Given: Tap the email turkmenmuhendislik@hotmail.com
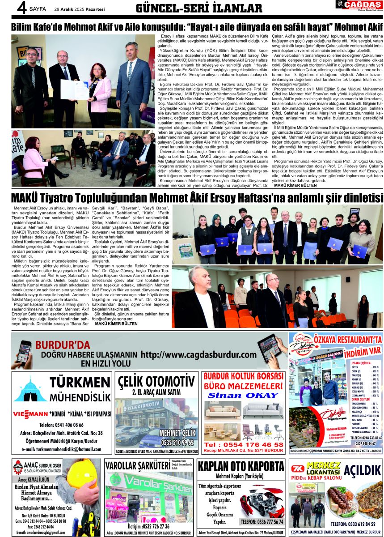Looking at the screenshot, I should pos(62,449).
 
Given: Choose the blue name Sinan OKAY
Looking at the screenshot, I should pos(243,396).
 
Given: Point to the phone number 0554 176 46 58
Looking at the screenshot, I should pos(243,444).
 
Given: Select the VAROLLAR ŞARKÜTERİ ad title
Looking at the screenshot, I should pos(137,466).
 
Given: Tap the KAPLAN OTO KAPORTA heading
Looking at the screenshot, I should pos(241,466).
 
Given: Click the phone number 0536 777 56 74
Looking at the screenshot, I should pos(262,522).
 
